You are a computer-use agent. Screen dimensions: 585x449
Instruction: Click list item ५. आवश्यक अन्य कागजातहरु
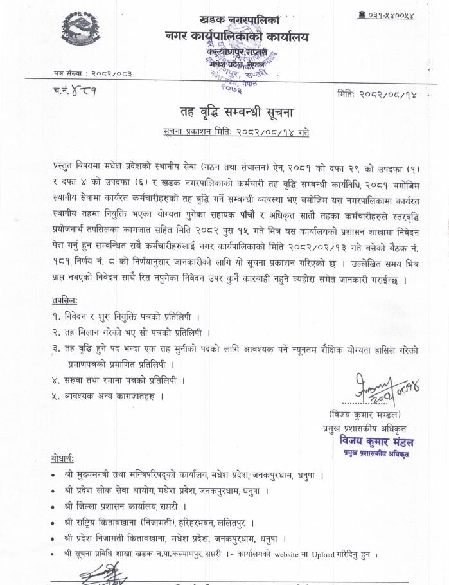[x=109, y=395]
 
